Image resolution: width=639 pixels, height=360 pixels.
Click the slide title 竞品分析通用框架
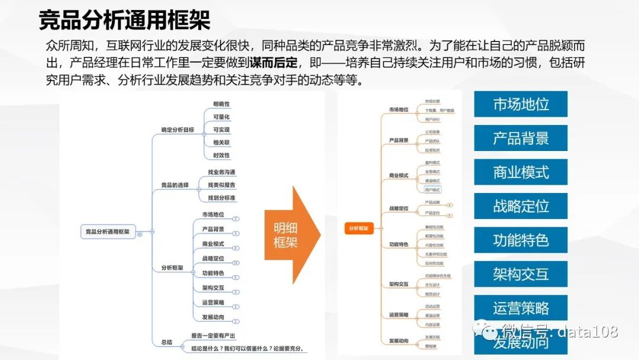124,21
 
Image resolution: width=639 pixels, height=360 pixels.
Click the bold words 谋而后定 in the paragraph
273,63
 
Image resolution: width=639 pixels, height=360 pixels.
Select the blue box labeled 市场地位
521,104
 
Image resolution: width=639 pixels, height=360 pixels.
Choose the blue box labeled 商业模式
521,172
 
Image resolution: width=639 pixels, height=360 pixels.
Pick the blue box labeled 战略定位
521,206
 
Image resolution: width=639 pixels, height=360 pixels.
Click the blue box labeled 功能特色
521,240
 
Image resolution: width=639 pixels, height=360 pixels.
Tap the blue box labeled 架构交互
521,274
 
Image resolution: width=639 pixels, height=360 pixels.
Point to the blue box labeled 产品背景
521,138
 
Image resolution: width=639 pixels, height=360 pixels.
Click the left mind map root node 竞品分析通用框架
108,232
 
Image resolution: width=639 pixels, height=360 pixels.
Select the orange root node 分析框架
358,227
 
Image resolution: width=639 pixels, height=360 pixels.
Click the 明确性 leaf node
221,104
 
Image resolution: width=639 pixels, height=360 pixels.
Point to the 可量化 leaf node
221,117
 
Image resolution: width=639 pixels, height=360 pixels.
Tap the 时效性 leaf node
221,155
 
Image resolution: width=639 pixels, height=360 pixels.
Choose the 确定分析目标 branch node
177,130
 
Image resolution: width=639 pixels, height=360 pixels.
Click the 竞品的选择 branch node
175,185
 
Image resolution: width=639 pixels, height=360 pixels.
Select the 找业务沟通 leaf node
221,172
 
